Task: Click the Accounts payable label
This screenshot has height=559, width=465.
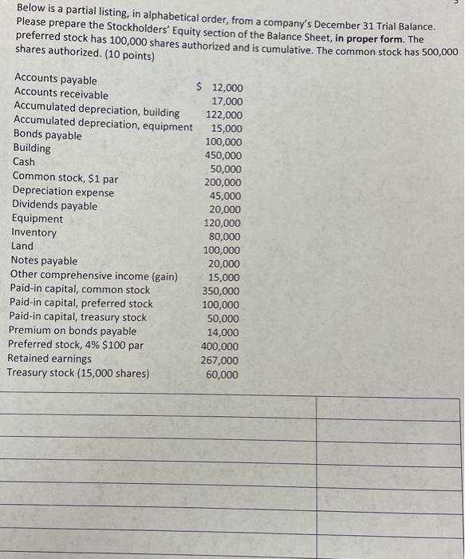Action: (x=56, y=80)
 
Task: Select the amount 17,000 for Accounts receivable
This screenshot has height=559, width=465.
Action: (x=227, y=101)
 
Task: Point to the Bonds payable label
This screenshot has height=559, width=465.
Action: (x=48, y=135)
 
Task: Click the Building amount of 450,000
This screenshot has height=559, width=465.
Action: (x=223, y=156)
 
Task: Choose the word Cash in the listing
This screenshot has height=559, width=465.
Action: (x=24, y=162)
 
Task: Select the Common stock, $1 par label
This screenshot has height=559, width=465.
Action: (x=65, y=177)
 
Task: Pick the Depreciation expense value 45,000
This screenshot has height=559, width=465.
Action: (x=225, y=196)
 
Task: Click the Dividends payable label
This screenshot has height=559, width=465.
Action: (x=55, y=205)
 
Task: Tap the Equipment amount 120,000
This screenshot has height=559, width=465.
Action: (x=223, y=224)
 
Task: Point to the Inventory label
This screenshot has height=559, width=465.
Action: (x=34, y=232)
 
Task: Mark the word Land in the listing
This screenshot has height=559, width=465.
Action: (x=22, y=246)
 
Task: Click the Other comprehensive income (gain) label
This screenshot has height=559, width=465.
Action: (x=94, y=276)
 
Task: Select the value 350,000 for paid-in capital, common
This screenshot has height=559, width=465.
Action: (x=220, y=291)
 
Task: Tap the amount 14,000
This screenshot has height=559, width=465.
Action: (x=223, y=333)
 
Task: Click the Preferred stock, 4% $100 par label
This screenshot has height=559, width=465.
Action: (x=76, y=345)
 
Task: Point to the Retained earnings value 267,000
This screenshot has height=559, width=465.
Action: (x=219, y=360)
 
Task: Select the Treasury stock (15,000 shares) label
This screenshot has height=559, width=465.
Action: (x=78, y=373)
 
